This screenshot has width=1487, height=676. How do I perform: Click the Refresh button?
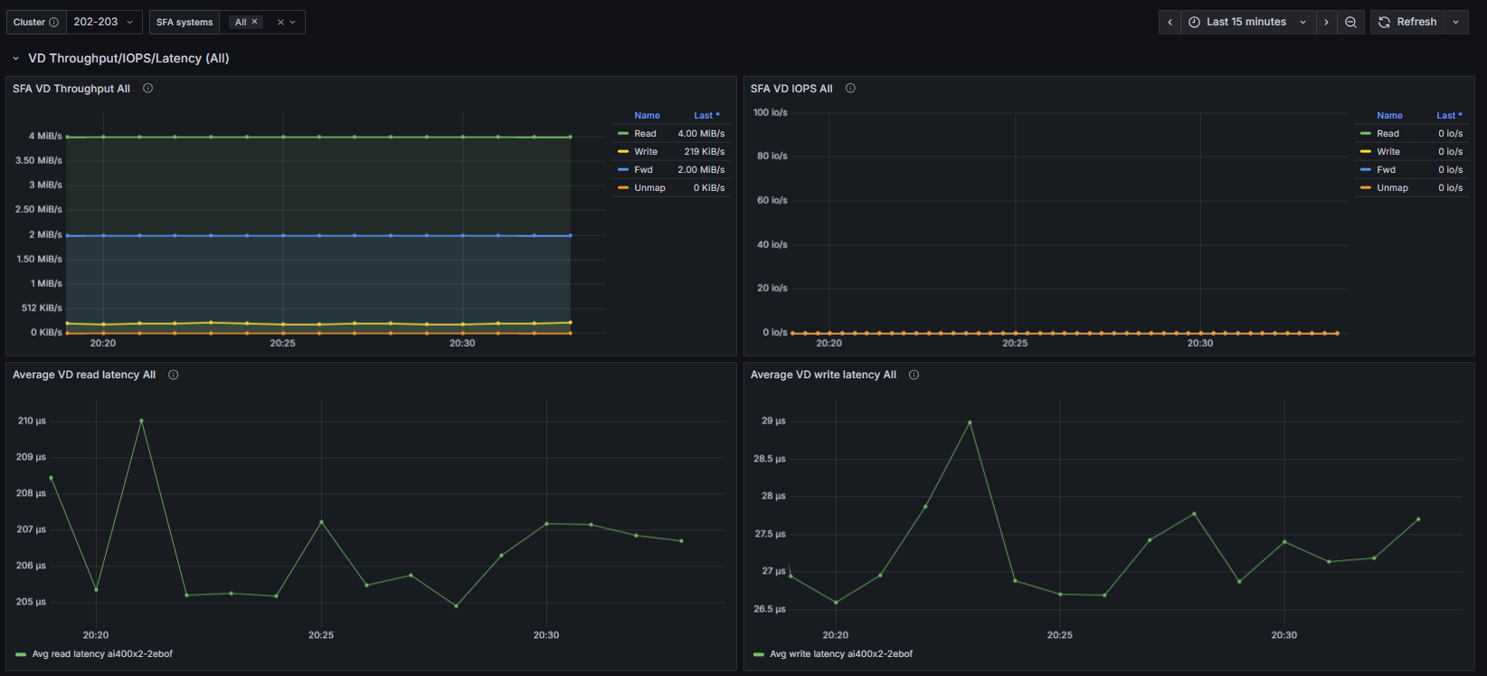1407,22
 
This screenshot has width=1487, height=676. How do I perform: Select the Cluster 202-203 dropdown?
103,22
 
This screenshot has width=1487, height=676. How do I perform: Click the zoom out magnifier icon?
1350,22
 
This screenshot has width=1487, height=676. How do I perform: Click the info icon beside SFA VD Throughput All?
148,88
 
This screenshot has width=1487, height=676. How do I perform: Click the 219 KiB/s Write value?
704,151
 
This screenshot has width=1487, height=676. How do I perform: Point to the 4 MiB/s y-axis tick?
45,136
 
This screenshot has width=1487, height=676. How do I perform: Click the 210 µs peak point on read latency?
141,420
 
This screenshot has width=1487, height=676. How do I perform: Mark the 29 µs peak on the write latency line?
970,423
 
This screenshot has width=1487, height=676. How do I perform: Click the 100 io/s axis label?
770,112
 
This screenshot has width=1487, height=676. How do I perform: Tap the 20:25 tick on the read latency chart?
320,635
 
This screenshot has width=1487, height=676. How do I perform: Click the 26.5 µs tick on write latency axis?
770,609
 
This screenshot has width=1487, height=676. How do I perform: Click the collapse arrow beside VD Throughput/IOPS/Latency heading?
15,59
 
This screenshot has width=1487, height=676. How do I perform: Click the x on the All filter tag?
254,22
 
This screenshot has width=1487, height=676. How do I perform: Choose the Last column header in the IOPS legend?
1449,116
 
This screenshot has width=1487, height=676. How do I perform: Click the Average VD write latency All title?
823,375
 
